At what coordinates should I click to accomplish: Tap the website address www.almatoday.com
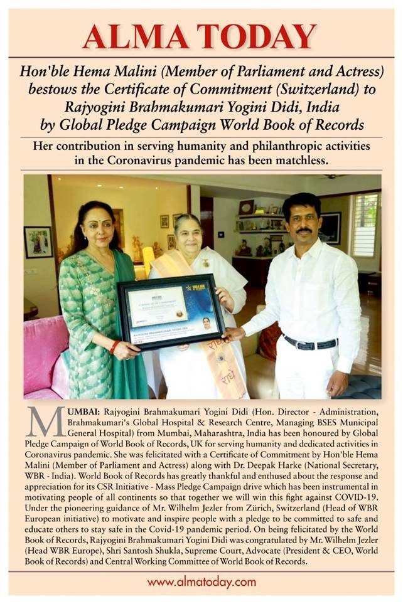(x=201, y=582)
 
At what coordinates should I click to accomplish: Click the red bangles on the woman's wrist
(x=115, y=346)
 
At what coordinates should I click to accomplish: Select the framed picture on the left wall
(x=38, y=241)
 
